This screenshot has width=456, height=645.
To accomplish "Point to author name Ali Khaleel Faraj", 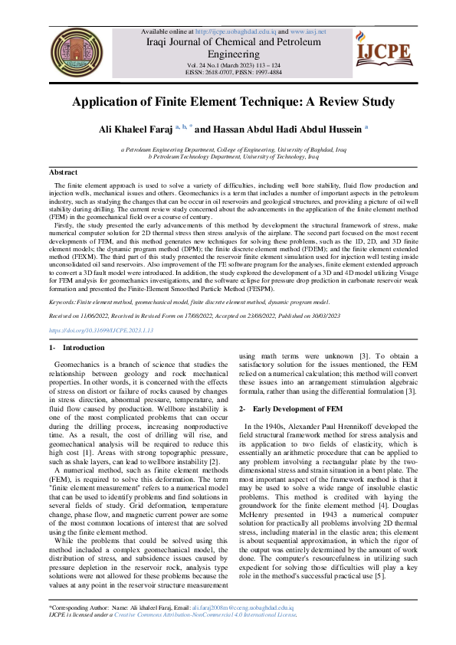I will coord(135,129).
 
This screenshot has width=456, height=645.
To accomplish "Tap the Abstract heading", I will coord(63,173).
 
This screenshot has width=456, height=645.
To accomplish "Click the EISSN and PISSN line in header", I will coord(229,74).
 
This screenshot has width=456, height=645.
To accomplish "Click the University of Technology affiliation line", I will coord(228,156).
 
